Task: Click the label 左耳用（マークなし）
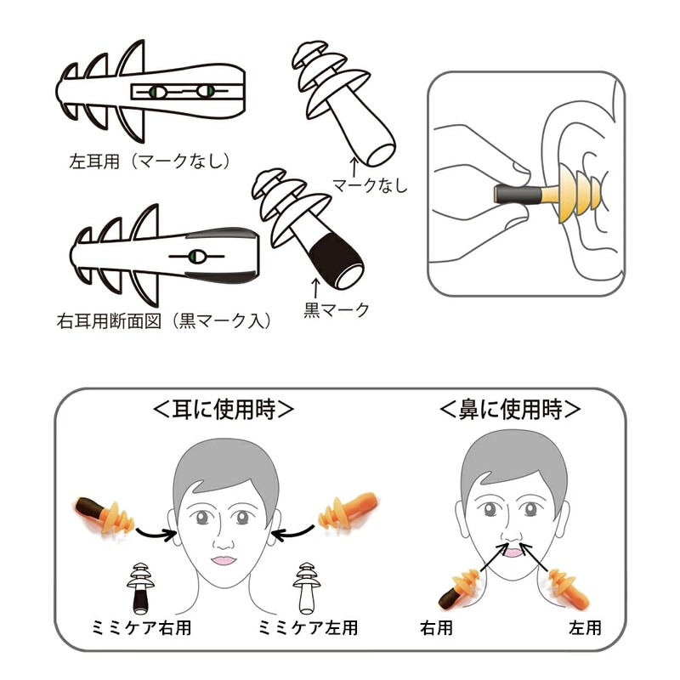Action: pos(150,159)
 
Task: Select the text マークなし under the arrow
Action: pos(370,184)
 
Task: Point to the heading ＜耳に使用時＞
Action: pos(223,409)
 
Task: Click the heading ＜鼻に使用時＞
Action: pos(510,409)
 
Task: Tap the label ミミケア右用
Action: pos(139,629)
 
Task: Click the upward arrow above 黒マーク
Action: pos(314,285)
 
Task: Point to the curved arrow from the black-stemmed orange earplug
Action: pos(156,534)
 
